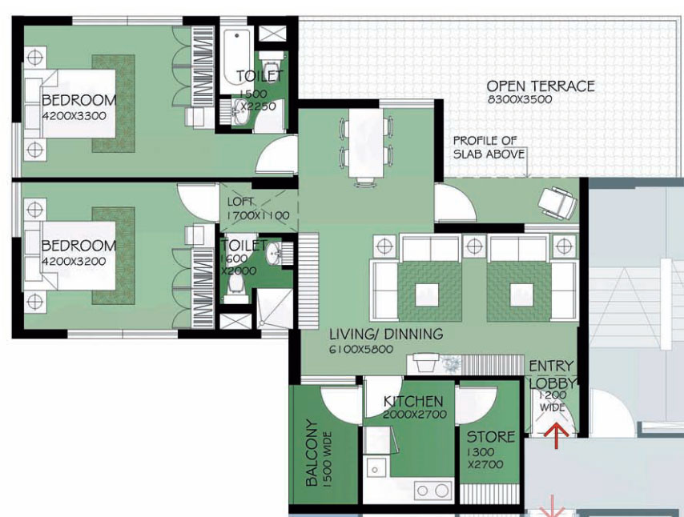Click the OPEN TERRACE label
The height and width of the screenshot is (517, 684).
541,86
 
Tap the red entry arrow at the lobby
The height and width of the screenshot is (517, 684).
556,435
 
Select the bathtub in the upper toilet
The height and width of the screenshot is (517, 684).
236,60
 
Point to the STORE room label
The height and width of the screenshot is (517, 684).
491,437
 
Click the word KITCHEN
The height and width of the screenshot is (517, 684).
413,401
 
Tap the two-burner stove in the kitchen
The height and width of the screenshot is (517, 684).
433,491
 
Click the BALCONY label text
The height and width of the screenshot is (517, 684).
312,452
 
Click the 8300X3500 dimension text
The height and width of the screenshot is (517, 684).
520,99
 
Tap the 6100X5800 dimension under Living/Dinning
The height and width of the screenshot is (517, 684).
361,349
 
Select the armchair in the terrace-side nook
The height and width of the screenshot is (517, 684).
557,202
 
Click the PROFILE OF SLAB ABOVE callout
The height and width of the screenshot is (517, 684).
489,147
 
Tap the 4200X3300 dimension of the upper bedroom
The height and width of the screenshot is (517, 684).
74,116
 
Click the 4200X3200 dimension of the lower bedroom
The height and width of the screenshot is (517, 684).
74,262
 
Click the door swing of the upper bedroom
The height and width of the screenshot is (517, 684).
276,154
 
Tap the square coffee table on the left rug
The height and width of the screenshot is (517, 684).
427,295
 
